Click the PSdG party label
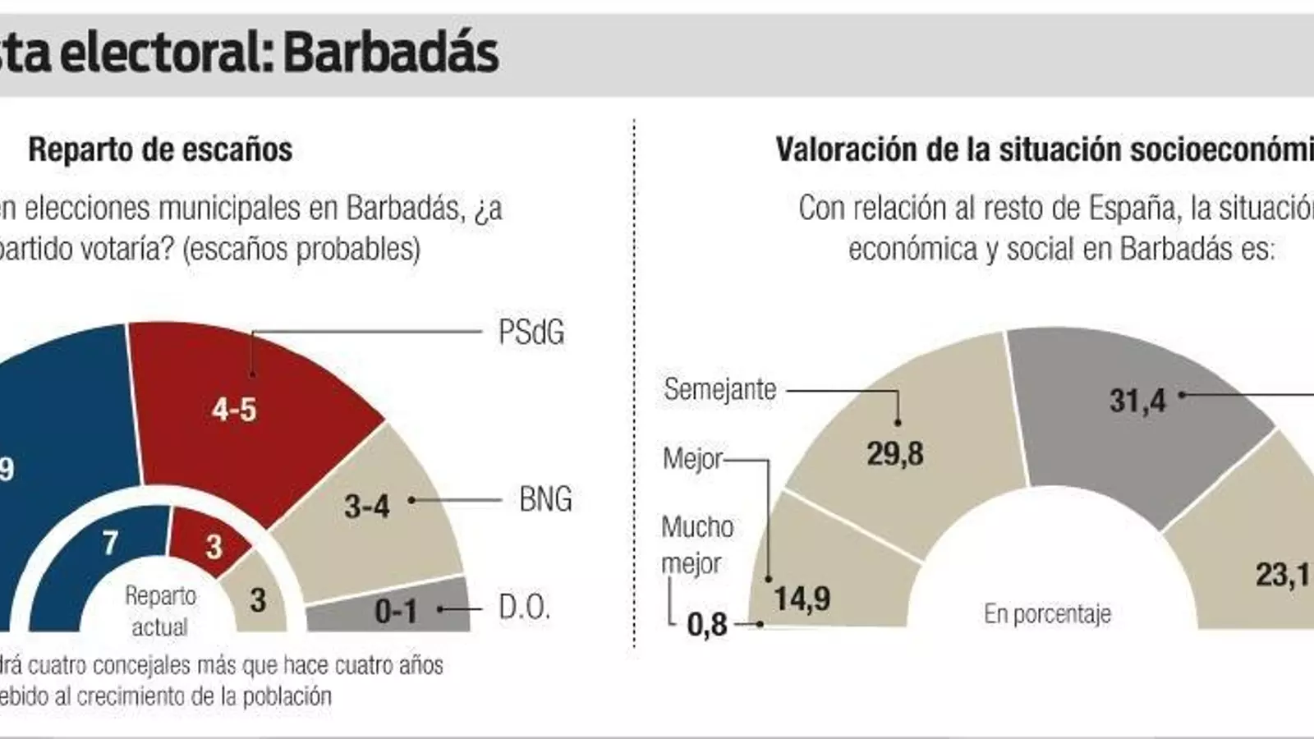[x=531, y=333]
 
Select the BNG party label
[x=545, y=499]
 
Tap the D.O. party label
[x=523, y=608]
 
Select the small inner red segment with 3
[x=212, y=544]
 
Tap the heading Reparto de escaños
[x=160, y=149]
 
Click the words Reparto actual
[x=160, y=611]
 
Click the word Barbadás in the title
[x=391, y=53]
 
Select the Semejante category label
[x=719, y=389]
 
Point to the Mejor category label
[x=692, y=458]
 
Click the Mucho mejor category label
[x=696, y=544]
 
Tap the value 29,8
[x=895, y=453]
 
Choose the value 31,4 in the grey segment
[x=1137, y=401]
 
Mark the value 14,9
[x=802, y=599]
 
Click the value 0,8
[x=706, y=625]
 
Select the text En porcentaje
[x=1047, y=613]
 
